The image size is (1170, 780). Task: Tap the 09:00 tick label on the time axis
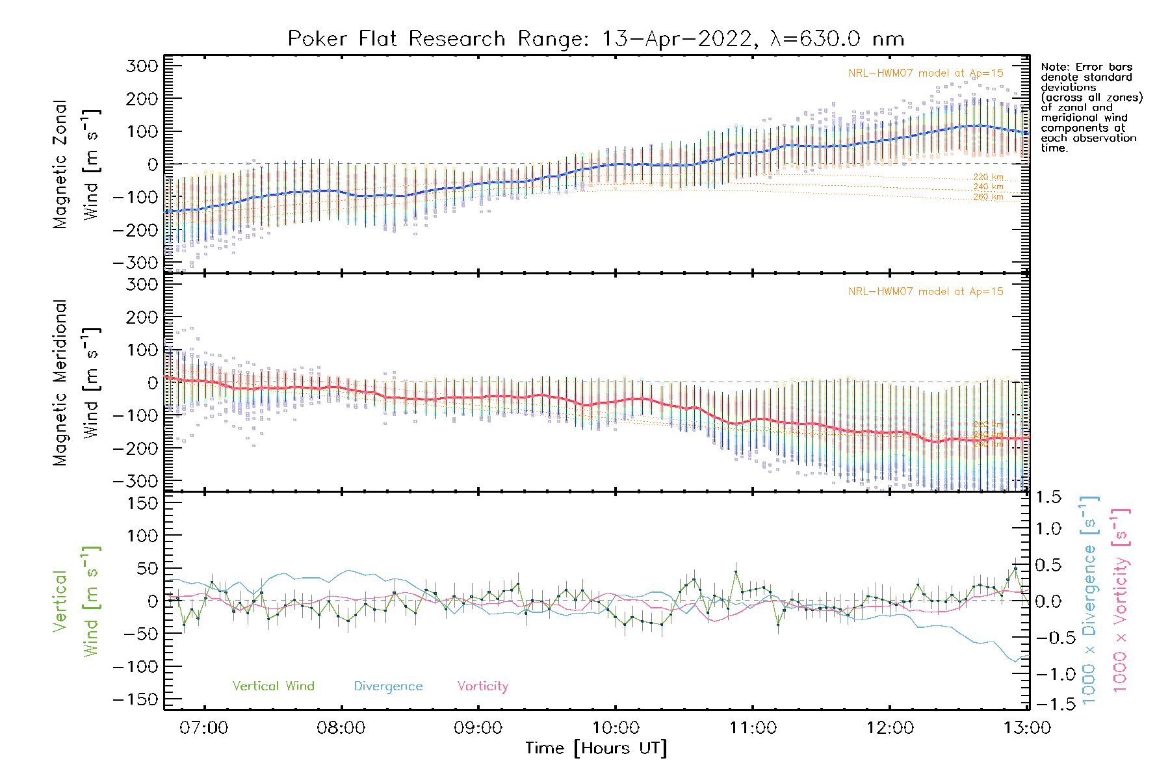pyautogui.click(x=478, y=727)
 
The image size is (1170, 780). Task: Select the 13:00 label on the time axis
pyautogui.click(x=1027, y=727)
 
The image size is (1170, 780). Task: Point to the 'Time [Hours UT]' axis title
pyautogui.click(x=596, y=748)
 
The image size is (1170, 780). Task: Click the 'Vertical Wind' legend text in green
pyautogui.click(x=273, y=686)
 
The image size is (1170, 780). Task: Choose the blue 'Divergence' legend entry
pyautogui.click(x=388, y=686)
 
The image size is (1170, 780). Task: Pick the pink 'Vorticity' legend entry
pyautogui.click(x=482, y=686)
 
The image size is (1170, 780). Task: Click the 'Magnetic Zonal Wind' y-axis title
pyautogui.click(x=77, y=164)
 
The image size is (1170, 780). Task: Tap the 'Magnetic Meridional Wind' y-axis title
pyautogui.click(x=77, y=383)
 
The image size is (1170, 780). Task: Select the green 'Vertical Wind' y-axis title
pyautogui.click(x=77, y=601)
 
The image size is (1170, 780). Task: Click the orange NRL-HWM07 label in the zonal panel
pyautogui.click(x=926, y=73)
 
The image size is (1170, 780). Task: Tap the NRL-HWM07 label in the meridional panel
pyautogui.click(x=926, y=292)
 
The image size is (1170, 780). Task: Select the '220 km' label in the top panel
pyautogui.click(x=988, y=177)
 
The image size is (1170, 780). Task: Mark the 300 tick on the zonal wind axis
pyautogui.click(x=142, y=66)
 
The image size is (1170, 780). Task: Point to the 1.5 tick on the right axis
pyautogui.click(x=1048, y=497)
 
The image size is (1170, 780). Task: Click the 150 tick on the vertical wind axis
pyautogui.click(x=142, y=503)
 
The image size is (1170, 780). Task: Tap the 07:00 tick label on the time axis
pyautogui.click(x=204, y=727)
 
